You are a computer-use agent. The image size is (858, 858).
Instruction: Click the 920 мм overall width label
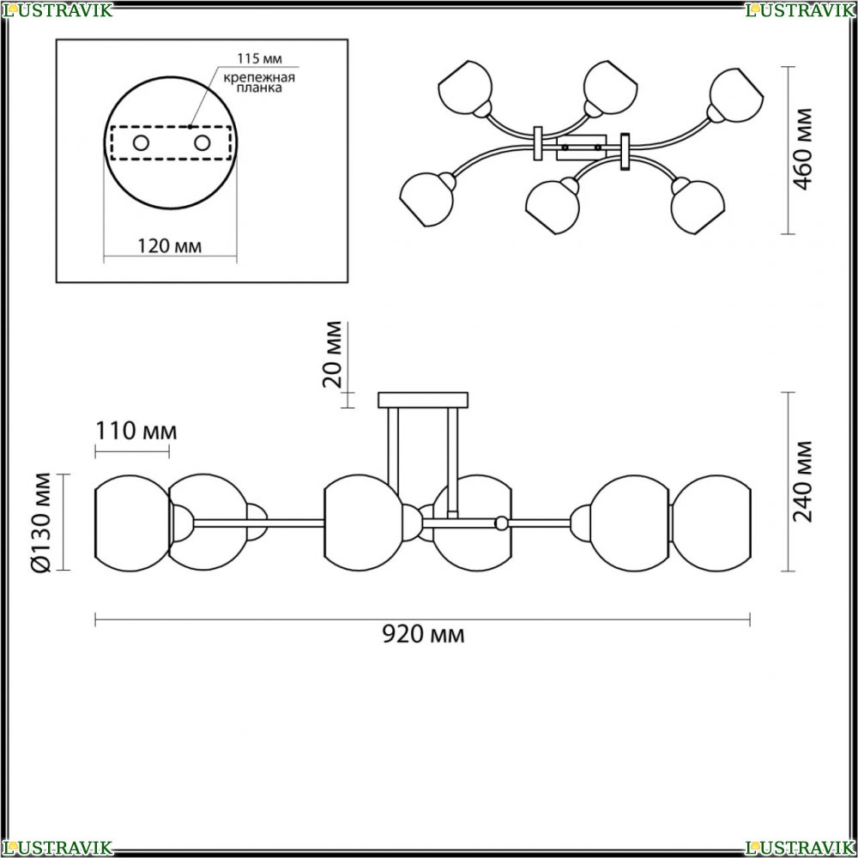pos(423,635)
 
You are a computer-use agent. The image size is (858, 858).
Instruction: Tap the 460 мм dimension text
pos(803,148)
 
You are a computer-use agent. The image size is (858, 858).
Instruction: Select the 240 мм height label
pos(803,481)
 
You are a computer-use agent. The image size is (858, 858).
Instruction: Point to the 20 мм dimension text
pos(332,354)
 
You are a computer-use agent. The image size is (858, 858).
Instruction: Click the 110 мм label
pos(136,432)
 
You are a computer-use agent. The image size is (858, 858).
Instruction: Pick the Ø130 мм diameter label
pos(41,523)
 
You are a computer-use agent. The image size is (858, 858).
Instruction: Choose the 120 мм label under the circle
pos(169,246)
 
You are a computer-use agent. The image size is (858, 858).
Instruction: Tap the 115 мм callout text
pos(259,58)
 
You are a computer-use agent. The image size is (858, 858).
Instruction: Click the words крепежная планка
pos(259,82)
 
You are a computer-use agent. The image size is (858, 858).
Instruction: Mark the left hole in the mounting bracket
pos(142,143)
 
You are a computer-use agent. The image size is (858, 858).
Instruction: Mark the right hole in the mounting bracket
pos(202,143)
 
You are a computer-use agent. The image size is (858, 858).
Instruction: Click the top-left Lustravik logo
pos(57,9)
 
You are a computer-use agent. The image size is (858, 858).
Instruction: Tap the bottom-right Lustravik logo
pos(801,848)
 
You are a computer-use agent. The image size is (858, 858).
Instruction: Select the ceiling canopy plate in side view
pos(423,400)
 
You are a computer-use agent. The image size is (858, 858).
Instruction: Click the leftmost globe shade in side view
pos(133,523)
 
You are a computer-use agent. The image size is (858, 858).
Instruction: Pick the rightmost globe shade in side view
pos(711,523)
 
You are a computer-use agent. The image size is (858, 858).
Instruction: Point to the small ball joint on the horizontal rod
pos(501,523)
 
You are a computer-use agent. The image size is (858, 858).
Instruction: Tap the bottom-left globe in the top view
pos(426,199)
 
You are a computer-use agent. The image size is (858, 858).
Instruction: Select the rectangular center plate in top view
pos(581,148)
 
